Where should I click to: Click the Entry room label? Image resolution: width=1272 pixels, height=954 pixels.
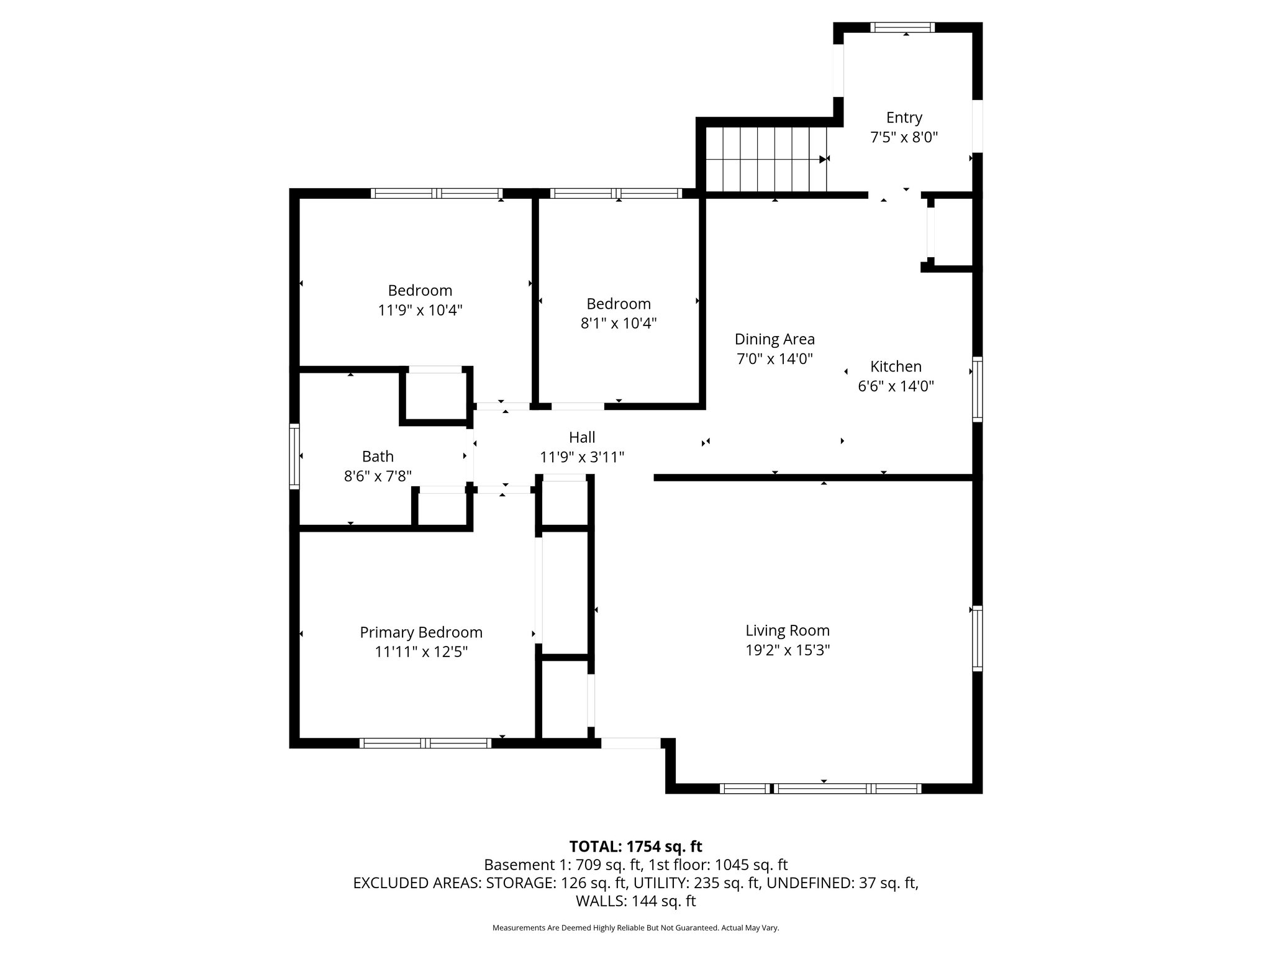[904, 117]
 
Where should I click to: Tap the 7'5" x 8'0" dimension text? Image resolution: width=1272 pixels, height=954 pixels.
[904, 137]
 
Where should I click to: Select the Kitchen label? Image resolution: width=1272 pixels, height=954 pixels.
[896, 366]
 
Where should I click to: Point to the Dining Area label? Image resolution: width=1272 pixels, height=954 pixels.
[775, 339]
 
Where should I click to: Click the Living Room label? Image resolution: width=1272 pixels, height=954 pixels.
[788, 630]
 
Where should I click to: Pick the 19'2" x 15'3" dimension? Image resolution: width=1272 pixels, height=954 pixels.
[788, 650]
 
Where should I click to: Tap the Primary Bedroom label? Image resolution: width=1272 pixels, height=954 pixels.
[421, 632]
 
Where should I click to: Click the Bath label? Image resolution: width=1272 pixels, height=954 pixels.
[378, 457]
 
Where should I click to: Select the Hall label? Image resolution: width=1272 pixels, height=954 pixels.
[582, 437]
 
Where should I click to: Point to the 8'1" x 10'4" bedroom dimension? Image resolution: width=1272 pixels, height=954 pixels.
[619, 324]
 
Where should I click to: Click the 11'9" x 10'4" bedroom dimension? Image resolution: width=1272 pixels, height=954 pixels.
[420, 310]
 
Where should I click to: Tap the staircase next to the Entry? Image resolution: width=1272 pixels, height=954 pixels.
[766, 160]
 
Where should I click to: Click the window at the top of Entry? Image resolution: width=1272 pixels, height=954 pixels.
[902, 27]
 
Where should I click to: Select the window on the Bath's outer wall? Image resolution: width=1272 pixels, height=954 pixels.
[294, 456]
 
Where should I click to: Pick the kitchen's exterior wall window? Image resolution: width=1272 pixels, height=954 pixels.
[977, 389]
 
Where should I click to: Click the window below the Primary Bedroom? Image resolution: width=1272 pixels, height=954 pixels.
[425, 743]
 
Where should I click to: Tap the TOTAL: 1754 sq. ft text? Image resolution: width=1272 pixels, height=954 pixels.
[635, 847]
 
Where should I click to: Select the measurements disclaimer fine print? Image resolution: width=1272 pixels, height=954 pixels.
[635, 928]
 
